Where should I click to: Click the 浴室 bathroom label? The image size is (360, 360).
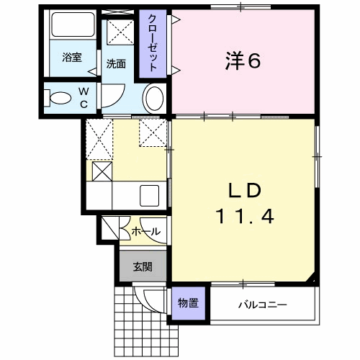tap(72, 58)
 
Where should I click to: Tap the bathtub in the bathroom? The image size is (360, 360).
tap(73, 24)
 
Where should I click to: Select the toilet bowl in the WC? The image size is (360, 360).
tap(58, 98)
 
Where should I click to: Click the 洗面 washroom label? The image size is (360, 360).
tap(116, 64)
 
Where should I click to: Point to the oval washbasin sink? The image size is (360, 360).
tap(154, 99)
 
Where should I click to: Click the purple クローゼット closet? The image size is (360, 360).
tap(153, 44)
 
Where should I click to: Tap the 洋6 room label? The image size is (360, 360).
tap(243, 61)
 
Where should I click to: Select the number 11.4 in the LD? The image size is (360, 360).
tap(245, 217)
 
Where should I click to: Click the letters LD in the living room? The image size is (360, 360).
tap(245, 190)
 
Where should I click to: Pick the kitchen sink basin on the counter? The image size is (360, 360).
tap(149, 196)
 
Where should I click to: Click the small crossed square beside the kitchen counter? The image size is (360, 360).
tap(102, 171)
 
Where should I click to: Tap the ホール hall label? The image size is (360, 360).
tap(145, 232)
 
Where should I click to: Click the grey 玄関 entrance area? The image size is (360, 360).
tap(143, 266)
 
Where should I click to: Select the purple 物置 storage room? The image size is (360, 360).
tap(189, 303)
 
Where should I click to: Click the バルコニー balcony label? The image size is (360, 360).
tap(262, 305)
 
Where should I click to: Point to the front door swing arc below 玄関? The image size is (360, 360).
tap(146, 304)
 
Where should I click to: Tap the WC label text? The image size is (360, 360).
tap(84, 98)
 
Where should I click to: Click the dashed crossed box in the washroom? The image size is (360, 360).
tap(120, 32)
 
